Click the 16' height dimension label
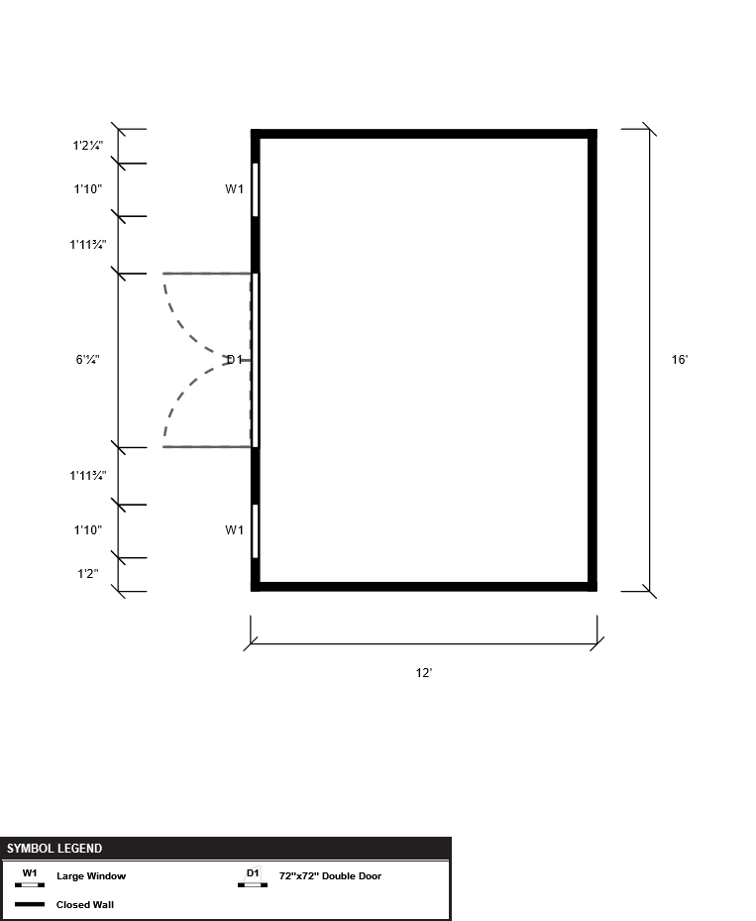click(680, 360)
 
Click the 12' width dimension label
click(424, 673)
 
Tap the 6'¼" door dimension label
click(87, 360)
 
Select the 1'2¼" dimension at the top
click(88, 146)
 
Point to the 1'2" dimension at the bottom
click(88, 574)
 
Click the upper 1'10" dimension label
click(88, 189)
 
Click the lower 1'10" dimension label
click(88, 530)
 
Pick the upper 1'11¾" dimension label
click(88, 245)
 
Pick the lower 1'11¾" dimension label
click(88, 476)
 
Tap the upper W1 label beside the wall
click(234, 189)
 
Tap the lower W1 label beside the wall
click(234, 530)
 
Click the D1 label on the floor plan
click(235, 360)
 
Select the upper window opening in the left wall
click(256, 189)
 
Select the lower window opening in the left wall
click(256, 531)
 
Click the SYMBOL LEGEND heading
click(54, 849)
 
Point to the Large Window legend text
click(91, 875)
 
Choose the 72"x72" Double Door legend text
click(330, 875)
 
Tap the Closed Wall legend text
click(85, 904)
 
